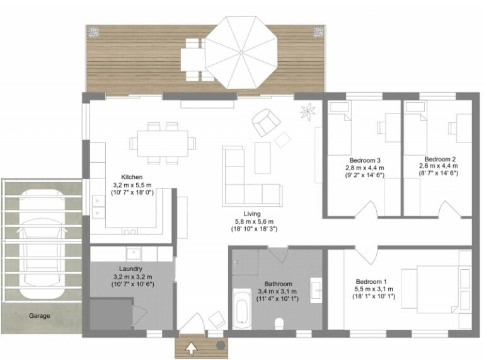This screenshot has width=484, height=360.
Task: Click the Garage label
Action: tap(39, 316)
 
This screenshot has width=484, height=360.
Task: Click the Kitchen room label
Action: tap(132, 177)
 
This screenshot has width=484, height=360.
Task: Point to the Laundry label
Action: tap(130, 269)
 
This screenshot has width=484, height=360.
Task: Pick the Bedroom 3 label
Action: tap(364, 160)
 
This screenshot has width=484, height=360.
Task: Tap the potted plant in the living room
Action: tap(308, 113)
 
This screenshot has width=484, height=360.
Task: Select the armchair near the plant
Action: tap(266, 122)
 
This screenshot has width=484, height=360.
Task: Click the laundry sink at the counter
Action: tap(134, 255)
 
